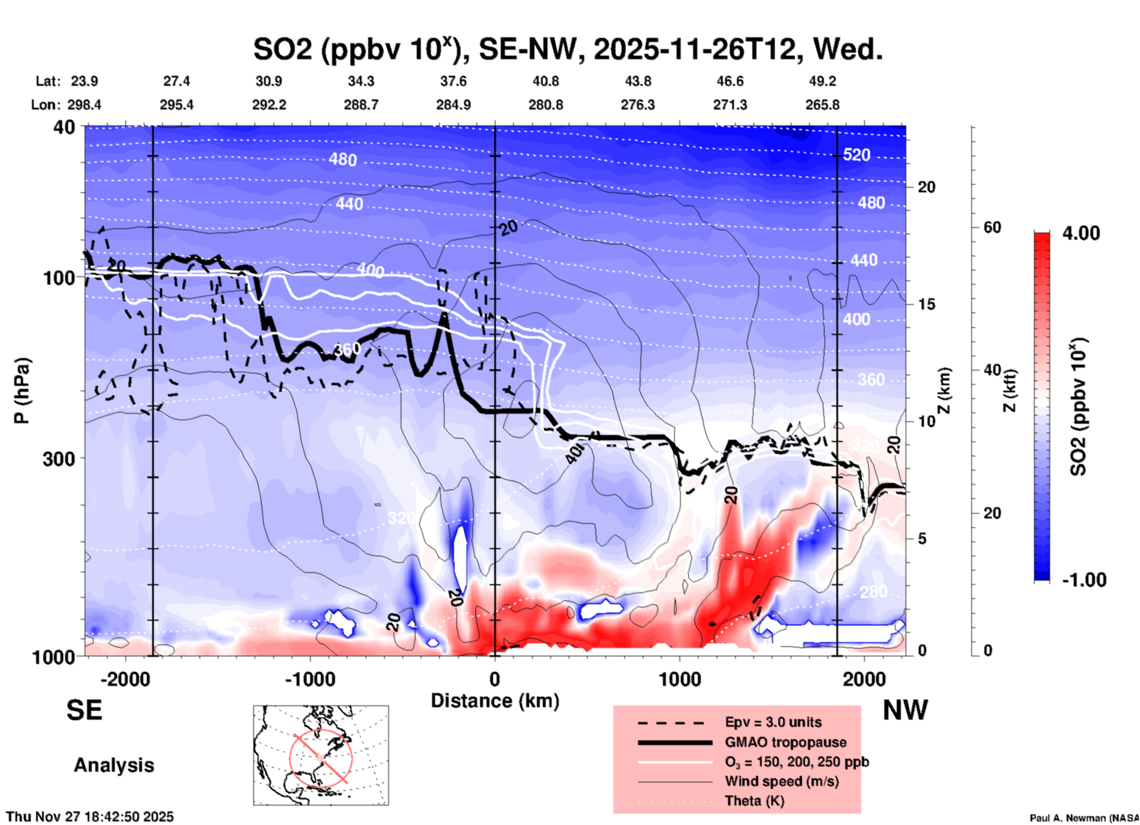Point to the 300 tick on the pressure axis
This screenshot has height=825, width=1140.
(x=59, y=459)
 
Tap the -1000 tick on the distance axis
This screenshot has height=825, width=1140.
(x=310, y=679)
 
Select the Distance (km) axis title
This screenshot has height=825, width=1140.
(x=495, y=701)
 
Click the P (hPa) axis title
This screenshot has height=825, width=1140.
(x=22, y=391)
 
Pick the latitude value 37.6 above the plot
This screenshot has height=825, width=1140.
(x=453, y=81)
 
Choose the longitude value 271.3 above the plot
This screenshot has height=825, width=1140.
(x=729, y=105)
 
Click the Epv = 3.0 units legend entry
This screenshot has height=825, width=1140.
(x=773, y=722)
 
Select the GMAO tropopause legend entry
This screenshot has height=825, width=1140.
(x=785, y=742)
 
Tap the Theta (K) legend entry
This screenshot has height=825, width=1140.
(x=754, y=801)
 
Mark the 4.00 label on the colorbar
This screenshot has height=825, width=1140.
(x=1081, y=233)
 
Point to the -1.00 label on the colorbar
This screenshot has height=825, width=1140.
(x=1083, y=579)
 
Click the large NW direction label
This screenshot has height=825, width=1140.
(x=905, y=710)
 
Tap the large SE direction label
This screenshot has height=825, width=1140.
(x=84, y=710)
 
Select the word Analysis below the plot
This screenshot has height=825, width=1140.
(x=114, y=765)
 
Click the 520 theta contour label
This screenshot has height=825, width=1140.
(x=856, y=155)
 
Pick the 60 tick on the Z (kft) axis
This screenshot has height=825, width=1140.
(x=991, y=227)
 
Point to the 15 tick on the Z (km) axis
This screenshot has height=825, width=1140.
(x=926, y=304)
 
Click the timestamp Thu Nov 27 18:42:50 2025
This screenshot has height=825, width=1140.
(x=90, y=817)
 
